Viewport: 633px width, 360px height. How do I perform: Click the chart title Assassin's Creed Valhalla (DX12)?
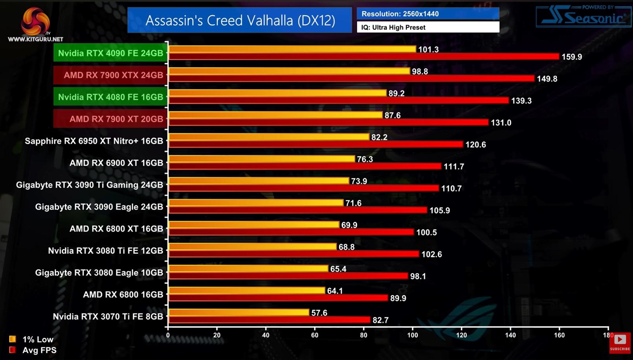click(x=240, y=20)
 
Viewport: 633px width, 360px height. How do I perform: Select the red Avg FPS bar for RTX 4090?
click(x=363, y=57)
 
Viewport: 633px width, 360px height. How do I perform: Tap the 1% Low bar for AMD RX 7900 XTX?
click(x=289, y=71)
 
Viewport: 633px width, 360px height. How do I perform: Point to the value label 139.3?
click(x=521, y=101)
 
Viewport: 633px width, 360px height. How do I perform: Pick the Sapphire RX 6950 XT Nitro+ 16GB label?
click(x=94, y=141)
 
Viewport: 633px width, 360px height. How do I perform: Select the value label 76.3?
click(x=365, y=159)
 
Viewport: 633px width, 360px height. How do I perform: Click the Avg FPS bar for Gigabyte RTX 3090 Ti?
click(x=303, y=188)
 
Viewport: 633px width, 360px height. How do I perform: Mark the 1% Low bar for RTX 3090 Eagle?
click(x=255, y=203)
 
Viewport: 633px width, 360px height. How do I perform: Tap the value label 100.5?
click(x=426, y=232)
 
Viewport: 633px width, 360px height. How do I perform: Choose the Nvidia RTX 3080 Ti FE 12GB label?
click(x=105, y=251)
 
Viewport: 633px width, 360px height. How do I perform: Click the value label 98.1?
click(x=418, y=276)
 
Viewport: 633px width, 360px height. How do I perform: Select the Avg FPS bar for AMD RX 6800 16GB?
click(x=278, y=298)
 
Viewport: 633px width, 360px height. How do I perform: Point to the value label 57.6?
click(x=319, y=313)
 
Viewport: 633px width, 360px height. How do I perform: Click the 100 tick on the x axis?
click(x=413, y=335)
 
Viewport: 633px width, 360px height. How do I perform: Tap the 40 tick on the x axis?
click(x=266, y=335)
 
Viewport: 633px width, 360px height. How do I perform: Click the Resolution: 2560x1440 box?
click(x=428, y=14)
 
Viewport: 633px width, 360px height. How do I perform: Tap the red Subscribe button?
click(x=620, y=343)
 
